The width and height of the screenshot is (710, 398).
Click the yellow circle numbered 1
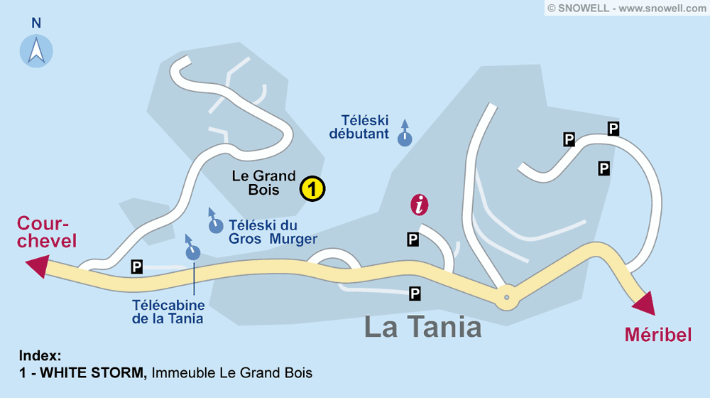(312, 189)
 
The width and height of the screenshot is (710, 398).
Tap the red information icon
(420, 205)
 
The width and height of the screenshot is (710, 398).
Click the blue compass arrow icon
(36, 50)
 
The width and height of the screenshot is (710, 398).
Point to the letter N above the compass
(36, 23)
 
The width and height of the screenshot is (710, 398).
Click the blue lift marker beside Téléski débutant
(405, 138)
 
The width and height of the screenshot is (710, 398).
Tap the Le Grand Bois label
(264, 183)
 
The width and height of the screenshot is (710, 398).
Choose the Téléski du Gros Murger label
(273, 232)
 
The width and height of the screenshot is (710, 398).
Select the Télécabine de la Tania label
(168, 311)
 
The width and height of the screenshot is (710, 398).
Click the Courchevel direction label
(47, 231)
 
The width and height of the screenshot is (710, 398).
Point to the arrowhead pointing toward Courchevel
(36, 267)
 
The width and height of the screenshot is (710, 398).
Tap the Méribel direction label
(658, 334)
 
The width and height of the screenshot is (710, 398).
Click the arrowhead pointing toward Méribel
(645, 303)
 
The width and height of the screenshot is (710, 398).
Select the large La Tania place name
(422, 327)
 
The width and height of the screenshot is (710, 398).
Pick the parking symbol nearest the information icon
(413, 240)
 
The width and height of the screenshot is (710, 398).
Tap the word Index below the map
(40, 356)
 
